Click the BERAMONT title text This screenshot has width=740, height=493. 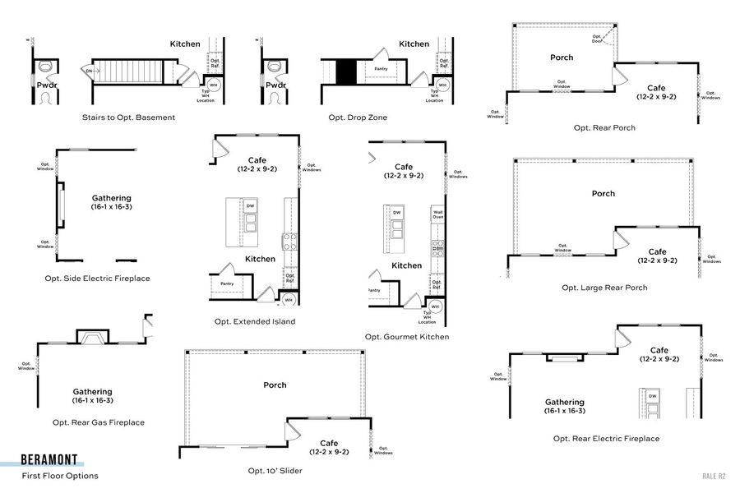point(49,460)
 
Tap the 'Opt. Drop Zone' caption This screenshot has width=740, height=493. point(358,117)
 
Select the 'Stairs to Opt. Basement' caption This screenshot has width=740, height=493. point(128,117)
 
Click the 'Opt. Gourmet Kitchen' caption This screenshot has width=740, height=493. point(407,337)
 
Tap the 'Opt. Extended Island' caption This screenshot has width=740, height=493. point(254,321)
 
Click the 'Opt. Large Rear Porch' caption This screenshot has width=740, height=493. point(604,288)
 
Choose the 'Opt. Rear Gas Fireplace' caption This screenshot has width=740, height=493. point(98,422)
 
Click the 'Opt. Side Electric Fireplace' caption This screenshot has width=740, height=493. point(97,279)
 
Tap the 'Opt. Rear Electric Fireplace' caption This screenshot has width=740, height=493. point(606,439)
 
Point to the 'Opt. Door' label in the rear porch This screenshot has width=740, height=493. point(598,38)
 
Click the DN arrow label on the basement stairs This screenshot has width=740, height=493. point(90,71)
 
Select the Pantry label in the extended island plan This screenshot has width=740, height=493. point(227,283)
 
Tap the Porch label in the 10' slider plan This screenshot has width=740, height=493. point(275,385)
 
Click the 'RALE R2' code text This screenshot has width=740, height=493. point(714,476)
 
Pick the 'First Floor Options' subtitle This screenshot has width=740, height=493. point(60,476)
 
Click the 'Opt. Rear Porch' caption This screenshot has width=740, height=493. point(604,128)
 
